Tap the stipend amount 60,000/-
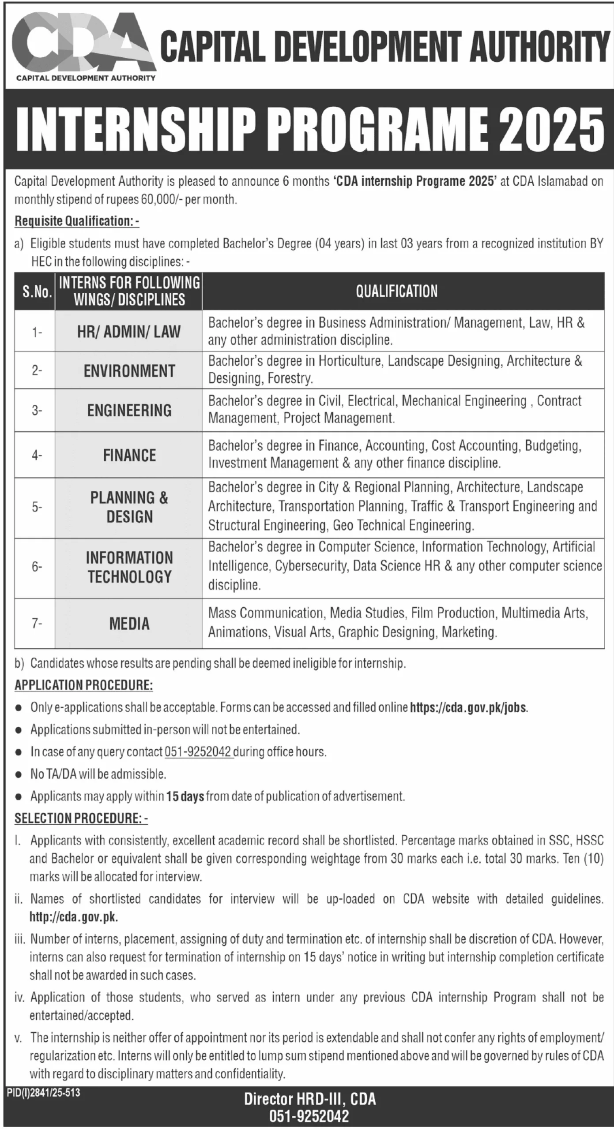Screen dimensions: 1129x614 [161, 200]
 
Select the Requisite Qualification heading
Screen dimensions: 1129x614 [77, 221]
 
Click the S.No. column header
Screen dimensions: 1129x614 [35, 292]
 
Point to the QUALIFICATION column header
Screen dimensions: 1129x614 [396, 291]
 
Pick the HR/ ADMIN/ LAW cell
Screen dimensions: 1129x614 [129, 331]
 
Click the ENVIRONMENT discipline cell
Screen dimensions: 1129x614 [129, 370]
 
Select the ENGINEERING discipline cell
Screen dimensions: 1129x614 [129, 410]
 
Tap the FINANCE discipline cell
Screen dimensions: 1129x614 [129, 455]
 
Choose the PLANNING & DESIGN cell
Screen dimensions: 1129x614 [129, 507]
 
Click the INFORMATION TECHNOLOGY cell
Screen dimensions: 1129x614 [129, 567]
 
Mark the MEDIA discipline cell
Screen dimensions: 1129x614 [129, 624]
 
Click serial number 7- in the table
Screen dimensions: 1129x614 [37, 624]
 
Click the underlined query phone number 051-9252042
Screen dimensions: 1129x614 [198, 751]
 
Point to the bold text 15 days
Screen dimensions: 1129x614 [185, 796]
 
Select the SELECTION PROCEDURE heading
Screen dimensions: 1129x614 [81, 818]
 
